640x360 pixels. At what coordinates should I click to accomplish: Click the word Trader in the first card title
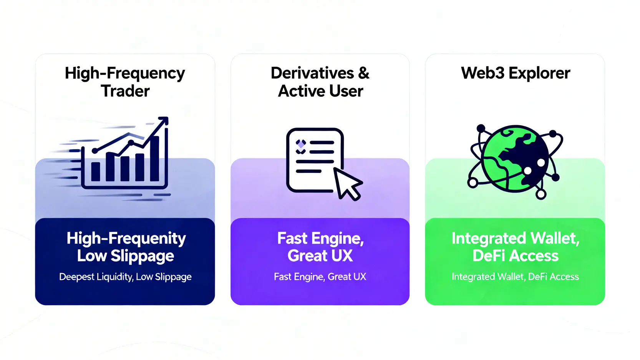pyautogui.click(x=125, y=91)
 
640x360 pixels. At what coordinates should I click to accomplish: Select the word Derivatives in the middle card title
pyautogui.click(x=312, y=73)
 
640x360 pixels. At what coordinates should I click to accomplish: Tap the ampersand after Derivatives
pyautogui.click(x=363, y=73)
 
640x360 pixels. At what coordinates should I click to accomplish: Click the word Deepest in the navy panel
pyautogui.click(x=76, y=277)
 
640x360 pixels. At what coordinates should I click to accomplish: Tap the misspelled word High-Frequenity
pyautogui.click(x=126, y=239)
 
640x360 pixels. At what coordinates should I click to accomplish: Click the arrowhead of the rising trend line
pyautogui.click(x=164, y=121)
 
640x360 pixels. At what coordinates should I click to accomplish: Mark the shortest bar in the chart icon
pyautogui.click(x=95, y=171)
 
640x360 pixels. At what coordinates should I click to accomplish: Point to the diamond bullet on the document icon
pyautogui.click(x=301, y=143)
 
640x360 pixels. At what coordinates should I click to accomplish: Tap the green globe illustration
pyautogui.click(x=515, y=158)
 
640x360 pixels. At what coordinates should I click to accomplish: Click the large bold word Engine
pyautogui.click(x=337, y=239)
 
